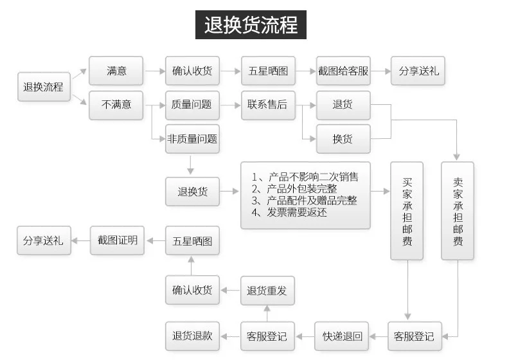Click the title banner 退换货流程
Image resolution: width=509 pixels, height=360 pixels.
pyautogui.click(x=251, y=24)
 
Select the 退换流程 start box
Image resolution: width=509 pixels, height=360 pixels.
pyautogui.click(x=44, y=87)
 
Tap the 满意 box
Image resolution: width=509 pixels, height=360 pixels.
pyautogui.click(x=116, y=71)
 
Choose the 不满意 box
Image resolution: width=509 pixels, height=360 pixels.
pyautogui.click(x=116, y=105)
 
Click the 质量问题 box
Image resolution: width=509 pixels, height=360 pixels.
pyautogui.click(x=192, y=105)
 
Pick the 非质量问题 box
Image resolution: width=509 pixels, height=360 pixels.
pyautogui.click(x=192, y=139)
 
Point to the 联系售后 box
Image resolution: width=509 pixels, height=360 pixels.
pyautogui.click(x=268, y=105)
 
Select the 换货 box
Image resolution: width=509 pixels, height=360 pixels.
pyautogui.click(x=343, y=139)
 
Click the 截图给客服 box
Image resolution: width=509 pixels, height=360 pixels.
pyautogui.click(x=343, y=71)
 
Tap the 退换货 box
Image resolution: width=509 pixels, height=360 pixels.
pyautogui.click(x=192, y=192)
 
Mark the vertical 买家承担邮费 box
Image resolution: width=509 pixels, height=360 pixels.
pyautogui.click(x=407, y=211)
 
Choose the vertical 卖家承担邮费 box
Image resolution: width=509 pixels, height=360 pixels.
pyautogui.click(x=458, y=211)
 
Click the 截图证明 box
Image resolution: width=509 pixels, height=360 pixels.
pyautogui.click(x=117, y=240)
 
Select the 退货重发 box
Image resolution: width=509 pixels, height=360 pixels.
pyautogui.click(x=267, y=291)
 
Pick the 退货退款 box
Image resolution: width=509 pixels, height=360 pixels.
pyautogui.click(x=192, y=336)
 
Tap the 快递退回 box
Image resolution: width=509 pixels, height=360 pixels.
pyautogui.click(x=342, y=336)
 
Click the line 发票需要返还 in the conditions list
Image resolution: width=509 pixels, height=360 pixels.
pyautogui.click(x=289, y=213)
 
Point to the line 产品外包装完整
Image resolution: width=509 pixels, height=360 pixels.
pyautogui.click(x=294, y=189)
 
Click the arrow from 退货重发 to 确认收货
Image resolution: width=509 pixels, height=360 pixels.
pyautogui.click(x=230, y=290)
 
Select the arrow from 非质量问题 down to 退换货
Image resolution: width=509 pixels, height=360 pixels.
pyautogui.click(x=190, y=165)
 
